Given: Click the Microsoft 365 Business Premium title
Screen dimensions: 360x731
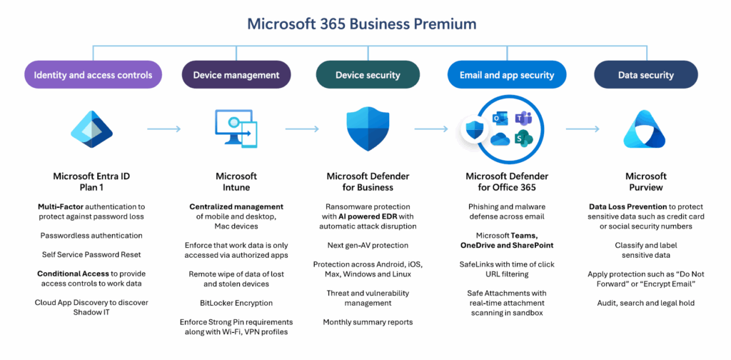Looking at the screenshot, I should point(361,24).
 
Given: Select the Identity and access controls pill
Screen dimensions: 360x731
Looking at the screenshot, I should point(93,74).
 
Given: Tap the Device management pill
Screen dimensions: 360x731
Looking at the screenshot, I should point(236,74).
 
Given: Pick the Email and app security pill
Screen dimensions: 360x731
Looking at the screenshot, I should point(507,74).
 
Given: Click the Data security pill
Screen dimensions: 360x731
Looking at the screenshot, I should point(645,74).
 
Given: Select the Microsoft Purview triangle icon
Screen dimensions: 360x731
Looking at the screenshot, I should point(645,130).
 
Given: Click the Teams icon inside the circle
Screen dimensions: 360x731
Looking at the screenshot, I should point(525,119).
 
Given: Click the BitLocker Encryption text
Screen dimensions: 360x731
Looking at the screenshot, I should point(236,303).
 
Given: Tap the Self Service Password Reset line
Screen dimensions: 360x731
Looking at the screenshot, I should point(91,254).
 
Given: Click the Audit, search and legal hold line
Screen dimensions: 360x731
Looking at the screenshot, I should point(645,303).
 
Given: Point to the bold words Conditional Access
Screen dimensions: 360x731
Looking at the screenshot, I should point(73,274).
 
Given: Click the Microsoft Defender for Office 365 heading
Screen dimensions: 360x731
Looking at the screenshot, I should point(507,181).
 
